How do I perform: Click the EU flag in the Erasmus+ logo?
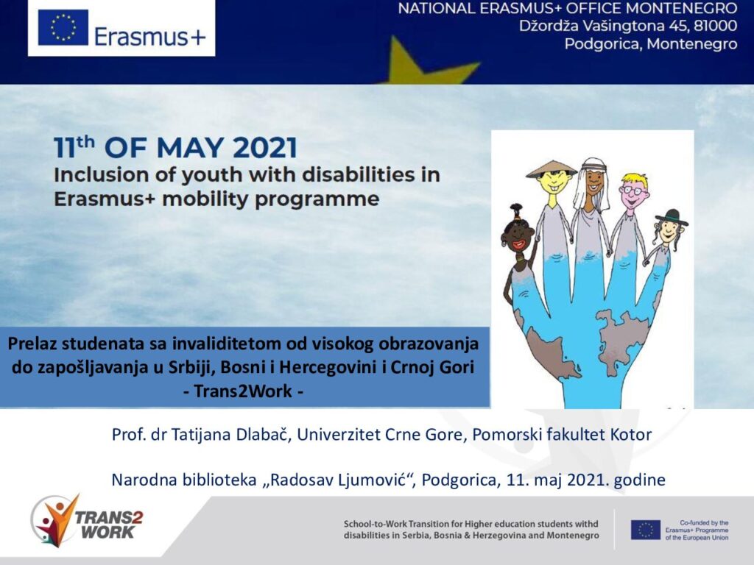tap(63, 27)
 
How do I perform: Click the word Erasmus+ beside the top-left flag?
tap(150, 37)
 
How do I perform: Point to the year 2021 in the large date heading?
tap(265, 147)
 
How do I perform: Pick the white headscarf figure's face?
tap(594, 182)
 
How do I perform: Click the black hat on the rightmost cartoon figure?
tap(672, 218)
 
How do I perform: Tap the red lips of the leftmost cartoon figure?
tap(519, 244)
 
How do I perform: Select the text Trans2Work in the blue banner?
tap(243, 391)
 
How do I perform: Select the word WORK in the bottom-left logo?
tap(108, 532)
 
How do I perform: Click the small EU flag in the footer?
tap(645, 530)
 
